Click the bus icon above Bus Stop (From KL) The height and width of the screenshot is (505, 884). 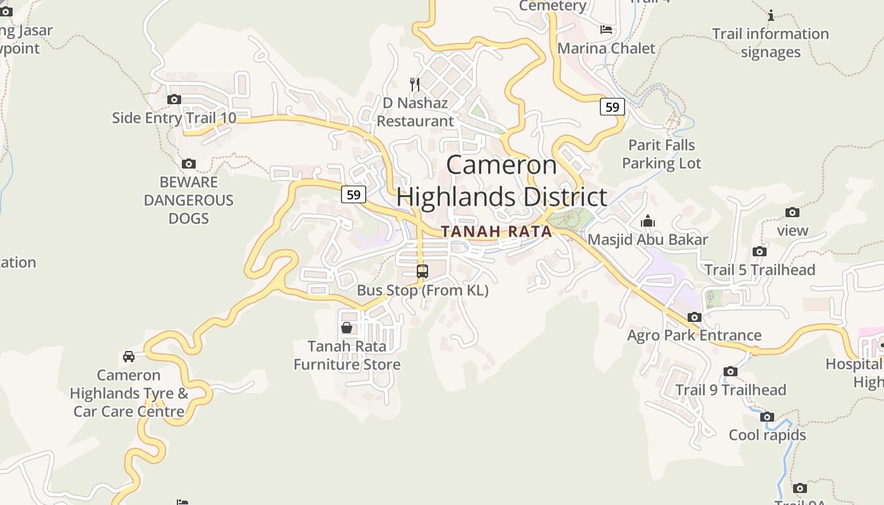422,271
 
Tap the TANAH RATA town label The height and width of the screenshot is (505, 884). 496,232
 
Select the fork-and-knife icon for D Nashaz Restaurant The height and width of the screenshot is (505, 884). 415,84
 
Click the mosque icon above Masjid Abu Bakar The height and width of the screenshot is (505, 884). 648,222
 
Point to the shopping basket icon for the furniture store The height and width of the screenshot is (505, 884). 347,328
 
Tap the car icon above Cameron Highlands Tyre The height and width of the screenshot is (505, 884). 129,357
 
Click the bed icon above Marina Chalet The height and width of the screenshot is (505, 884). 606,30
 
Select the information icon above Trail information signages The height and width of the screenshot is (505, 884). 770,15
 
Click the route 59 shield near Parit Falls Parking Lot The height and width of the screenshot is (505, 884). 612,107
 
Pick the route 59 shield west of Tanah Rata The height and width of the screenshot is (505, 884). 354,194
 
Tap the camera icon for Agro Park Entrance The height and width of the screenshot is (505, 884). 695,317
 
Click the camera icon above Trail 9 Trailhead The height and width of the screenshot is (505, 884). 731,371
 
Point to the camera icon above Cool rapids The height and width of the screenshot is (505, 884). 767,417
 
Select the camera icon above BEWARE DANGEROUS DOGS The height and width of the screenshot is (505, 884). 188,164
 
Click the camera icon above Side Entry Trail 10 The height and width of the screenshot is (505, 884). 174,99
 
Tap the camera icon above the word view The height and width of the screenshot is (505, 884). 792,212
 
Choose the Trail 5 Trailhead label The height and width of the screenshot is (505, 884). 760,270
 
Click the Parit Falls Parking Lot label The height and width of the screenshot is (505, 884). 661,154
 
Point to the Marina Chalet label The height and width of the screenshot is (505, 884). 606,48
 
